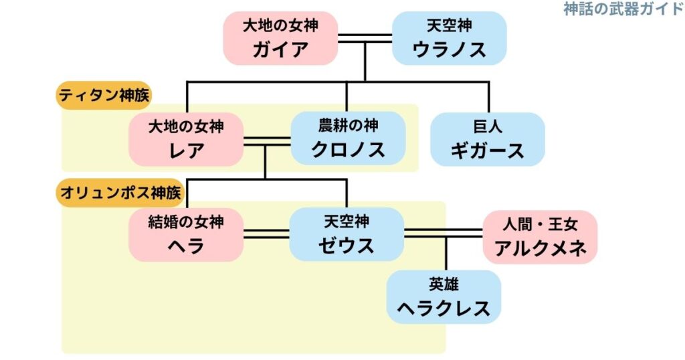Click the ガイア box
[280, 38]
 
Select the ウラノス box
[449, 38]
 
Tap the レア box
[186, 139]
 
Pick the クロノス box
[348, 139]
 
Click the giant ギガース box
[488, 139]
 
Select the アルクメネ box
[540, 237]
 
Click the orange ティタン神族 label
[104, 96]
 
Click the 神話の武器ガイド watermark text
[623, 9]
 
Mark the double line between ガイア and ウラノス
[365, 38]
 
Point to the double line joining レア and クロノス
[266, 141]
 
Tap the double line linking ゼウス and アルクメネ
[443, 233]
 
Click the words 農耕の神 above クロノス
[348, 126]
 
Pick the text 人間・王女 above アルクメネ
[540, 224]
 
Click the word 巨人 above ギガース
[488, 126]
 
